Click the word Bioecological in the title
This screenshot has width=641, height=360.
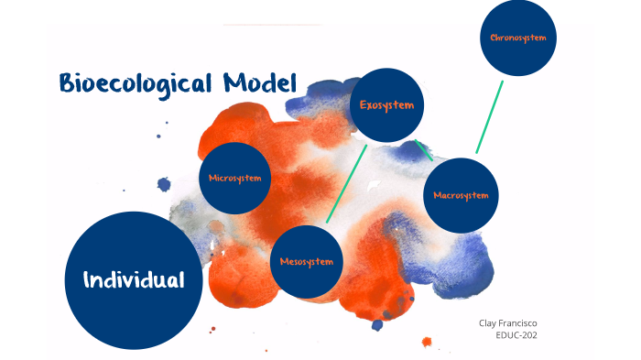[136, 84]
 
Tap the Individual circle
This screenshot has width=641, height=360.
[134, 280]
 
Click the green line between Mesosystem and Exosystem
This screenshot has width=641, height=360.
[346, 183]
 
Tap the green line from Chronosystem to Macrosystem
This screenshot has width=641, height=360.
[489, 117]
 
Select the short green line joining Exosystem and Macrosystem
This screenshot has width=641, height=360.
[423, 150]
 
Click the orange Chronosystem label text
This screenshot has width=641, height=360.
[517, 38]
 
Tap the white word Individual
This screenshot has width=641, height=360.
[134, 279]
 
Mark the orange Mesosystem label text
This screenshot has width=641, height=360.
[307, 262]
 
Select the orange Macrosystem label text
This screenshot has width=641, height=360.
[462, 195]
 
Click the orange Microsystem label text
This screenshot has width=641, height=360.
[235, 177]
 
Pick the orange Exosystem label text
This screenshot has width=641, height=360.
[386, 105]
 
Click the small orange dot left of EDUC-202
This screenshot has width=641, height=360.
[427, 342]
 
